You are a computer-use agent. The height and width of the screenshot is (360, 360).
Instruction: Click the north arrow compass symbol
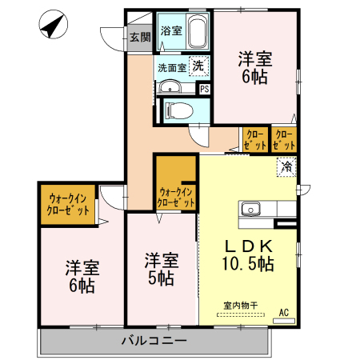pos(54,24)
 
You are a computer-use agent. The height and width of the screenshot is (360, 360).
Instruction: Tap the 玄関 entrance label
pos(140,38)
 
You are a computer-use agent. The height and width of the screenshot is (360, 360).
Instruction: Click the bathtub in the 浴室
pos(198,31)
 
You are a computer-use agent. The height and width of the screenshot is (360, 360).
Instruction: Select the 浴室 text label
pos(171,30)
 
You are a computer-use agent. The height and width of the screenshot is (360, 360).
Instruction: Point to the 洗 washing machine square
pos(198,66)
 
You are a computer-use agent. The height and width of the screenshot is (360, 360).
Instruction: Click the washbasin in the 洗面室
pos(170,86)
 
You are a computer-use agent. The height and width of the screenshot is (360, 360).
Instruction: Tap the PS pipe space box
pos(205,89)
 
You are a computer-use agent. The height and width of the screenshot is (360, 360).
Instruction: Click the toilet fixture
pos(178,110)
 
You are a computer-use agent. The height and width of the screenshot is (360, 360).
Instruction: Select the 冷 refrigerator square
pos(286,167)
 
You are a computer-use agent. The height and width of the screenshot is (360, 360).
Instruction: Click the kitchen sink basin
pos(250,210)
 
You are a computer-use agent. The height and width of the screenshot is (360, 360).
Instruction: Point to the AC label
pos(284,312)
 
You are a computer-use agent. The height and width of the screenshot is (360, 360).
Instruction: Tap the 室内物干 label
pos(241,306)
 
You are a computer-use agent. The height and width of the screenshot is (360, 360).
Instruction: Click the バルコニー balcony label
pos(154,341)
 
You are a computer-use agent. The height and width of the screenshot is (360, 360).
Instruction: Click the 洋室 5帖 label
pos(162,270)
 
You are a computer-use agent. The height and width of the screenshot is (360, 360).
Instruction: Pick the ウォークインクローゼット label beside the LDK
pos(176,198)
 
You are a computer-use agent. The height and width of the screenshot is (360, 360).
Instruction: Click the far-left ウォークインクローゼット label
pos(68,205)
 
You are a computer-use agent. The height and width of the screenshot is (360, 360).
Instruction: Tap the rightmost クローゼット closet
pos(284,140)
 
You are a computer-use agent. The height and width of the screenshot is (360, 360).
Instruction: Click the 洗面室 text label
pos(172,68)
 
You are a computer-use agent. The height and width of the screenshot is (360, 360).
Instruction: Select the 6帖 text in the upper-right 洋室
pos(254,77)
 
